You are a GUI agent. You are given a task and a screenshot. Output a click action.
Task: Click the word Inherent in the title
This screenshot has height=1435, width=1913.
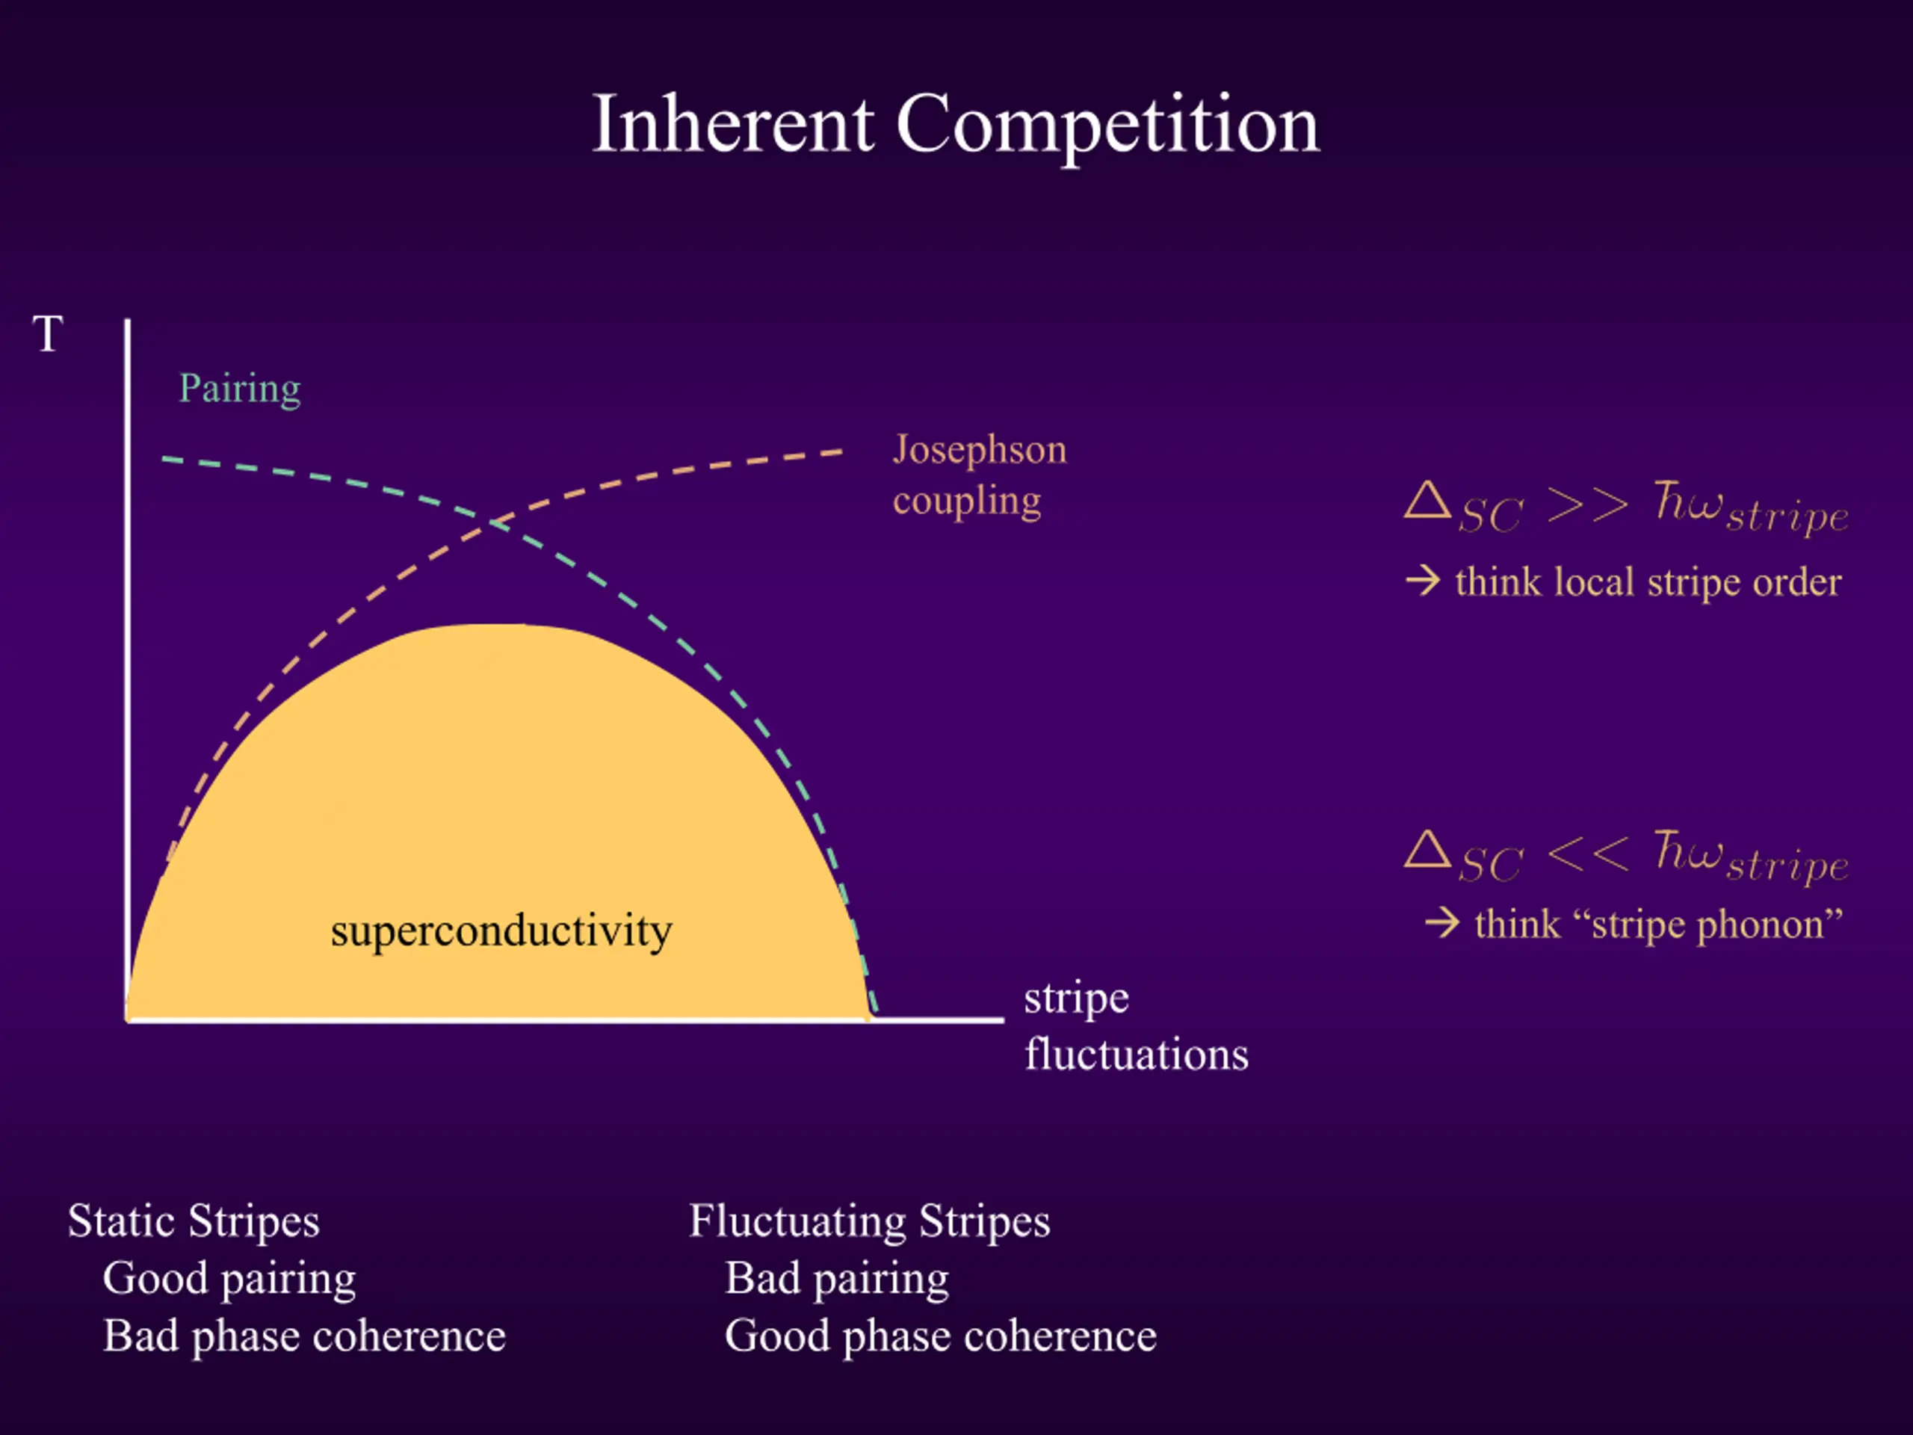coord(733,125)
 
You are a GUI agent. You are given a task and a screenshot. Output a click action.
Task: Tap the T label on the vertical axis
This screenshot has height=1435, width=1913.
coord(48,334)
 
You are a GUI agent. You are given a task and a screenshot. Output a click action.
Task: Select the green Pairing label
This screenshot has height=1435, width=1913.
coord(240,389)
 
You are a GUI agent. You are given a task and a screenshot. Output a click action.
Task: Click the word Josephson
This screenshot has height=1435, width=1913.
coord(980,451)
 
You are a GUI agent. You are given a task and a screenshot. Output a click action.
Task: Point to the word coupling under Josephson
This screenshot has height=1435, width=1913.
coord(967,502)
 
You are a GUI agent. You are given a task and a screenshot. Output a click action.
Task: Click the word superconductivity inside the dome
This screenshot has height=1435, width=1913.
coord(501,931)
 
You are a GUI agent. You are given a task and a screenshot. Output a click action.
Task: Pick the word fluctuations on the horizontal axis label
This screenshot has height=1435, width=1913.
coord(1137,1055)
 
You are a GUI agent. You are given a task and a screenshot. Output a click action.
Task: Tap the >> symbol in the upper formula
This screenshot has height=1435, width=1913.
coord(1588,504)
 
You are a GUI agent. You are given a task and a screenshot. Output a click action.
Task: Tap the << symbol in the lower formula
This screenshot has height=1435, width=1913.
coord(1588,854)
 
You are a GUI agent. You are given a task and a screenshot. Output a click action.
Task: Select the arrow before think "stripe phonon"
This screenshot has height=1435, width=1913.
coord(1442,923)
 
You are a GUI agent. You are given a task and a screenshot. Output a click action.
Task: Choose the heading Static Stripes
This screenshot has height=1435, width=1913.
coord(194,1222)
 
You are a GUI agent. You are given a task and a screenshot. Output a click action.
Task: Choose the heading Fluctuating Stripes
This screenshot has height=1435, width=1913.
coord(870,1222)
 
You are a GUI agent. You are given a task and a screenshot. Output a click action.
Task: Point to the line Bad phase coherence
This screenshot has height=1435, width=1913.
coord(304,1337)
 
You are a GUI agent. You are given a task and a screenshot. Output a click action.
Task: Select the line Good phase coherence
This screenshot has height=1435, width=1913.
coord(941,1337)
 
